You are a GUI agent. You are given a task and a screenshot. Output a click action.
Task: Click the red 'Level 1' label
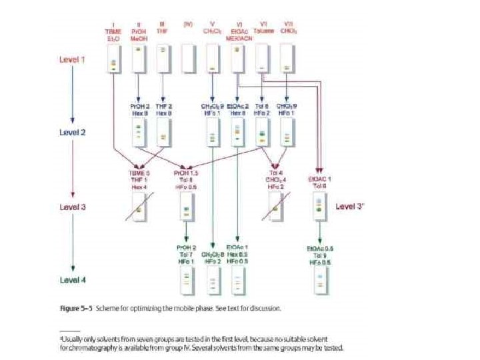click(x=73, y=59)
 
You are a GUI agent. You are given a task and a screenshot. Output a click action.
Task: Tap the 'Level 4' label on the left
click(x=73, y=279)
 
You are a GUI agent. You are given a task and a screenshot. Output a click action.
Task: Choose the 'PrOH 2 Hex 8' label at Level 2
click(x=139, y=110)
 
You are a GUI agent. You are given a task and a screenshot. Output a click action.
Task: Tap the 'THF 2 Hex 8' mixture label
click(x=164, y=110)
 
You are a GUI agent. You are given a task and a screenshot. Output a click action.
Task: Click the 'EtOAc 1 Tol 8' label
click(x=320, y=182)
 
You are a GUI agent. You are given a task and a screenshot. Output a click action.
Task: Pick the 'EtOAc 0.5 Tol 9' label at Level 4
click(x=320, y=255)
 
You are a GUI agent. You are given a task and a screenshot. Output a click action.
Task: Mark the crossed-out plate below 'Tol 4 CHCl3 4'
click(x=275, y=209)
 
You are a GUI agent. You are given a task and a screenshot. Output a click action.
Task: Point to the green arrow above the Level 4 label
click(x=73, y=245)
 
